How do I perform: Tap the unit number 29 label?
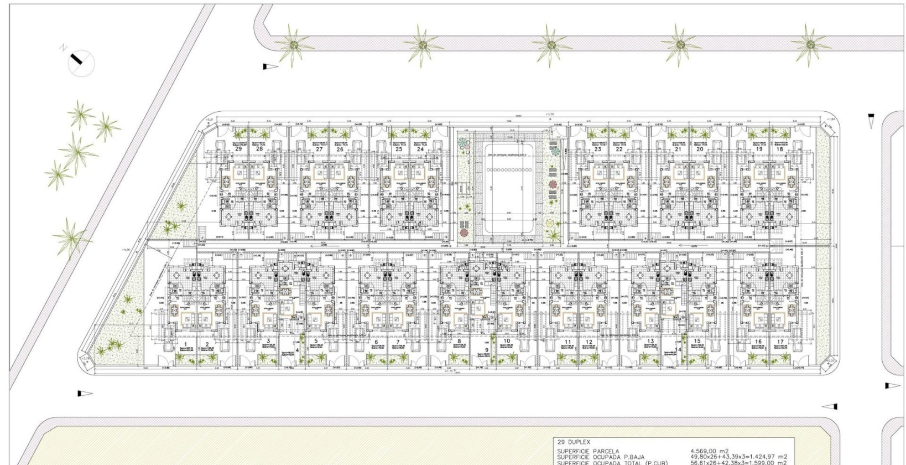(238, 149)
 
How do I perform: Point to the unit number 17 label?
(780, 342)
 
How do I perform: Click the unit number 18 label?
(780, 149)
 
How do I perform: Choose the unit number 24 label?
(420, 149)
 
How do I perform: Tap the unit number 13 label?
(651, 342)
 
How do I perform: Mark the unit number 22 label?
(619, 149)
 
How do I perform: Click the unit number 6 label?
(376, 342)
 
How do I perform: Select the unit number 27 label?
(319, 149)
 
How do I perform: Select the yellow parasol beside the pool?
(551, 223)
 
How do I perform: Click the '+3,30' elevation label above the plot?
(549, 114)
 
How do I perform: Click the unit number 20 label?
(700, 149)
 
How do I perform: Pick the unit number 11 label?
(567, 342)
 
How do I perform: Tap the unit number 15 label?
(697, 342)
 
